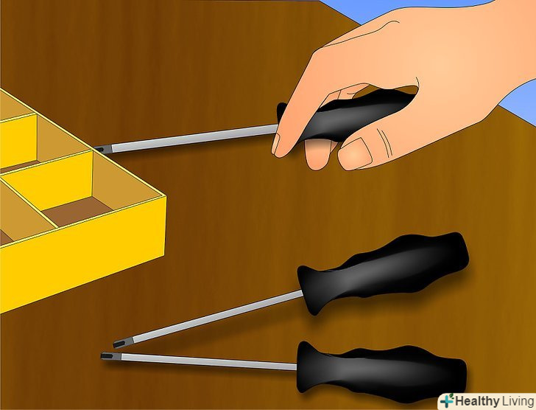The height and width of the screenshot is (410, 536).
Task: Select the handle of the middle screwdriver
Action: click(383, 271)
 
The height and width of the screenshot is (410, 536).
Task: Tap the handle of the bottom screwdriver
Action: click(381, 372)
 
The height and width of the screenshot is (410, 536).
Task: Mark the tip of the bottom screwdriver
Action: click(102, 356)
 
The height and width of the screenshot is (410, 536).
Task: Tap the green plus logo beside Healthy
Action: click(447, 400)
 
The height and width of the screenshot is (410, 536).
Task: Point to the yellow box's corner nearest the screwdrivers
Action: click(166, 196)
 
